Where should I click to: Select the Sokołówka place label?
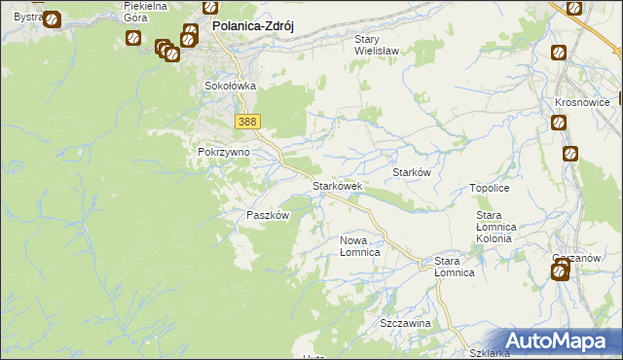pyautogui.click(x=230, y=86)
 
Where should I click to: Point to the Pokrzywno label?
pyautogui.click(x=223, y=152)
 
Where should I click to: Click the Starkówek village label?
pyautogui.click(x=337, y=185)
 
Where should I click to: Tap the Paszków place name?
pyautogui.click(x=268, y=215)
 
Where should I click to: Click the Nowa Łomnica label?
pyautogui.click(x=359, y=245)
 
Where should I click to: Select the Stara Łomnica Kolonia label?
pyautogui.click(x=501, y=226)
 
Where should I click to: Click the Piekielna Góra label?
pyautogui.click(x=146, y=11)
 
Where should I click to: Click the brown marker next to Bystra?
pyautogui.click(x=52, y=18)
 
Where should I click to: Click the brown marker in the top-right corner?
pyautogui.click(x=573, y=8)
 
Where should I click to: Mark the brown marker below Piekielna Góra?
pyautogui.click(x=132, y=38)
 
